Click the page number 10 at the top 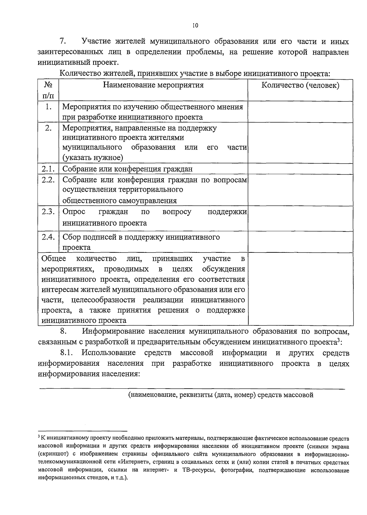pyautogui.click(x=195, y=26)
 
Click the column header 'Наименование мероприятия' pyautogui.click(x=153, y=85)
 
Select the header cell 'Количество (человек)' pyautogui.click(x=300, y=85)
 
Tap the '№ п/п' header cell pyautogui.click(x=48, y=90)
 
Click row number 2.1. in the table pyautogui.click(x=48, y=169)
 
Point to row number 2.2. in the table pyautogui.click(x=48, y=180)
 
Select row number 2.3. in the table pyautogui.click(x=48, y=212)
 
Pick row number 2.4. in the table pyautogui.click(x=48, y=237)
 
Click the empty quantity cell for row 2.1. pyautogui.click(x=300, y=169)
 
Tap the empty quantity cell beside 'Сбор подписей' pyautogui.click(x=300, y=242)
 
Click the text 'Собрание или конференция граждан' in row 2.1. pyautogui.click(x=128, y=169)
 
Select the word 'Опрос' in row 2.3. pyautogui.click(x=74, y=212)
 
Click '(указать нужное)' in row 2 pyautogui.click(x=93, y=158)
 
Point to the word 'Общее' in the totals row pyautogui.click(x=54, y=259)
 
